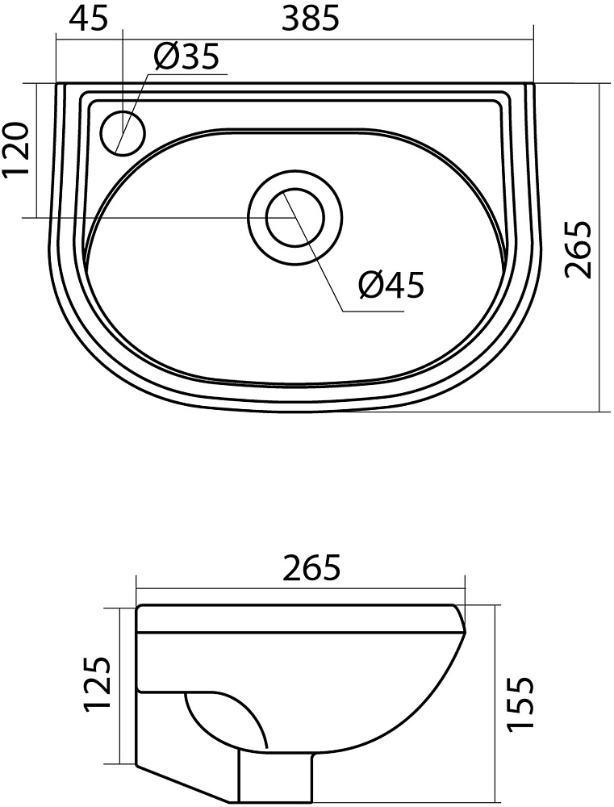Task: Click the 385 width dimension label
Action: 311,19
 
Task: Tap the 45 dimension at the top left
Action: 89,19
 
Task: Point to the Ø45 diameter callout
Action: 391,285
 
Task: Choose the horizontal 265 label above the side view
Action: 311,567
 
